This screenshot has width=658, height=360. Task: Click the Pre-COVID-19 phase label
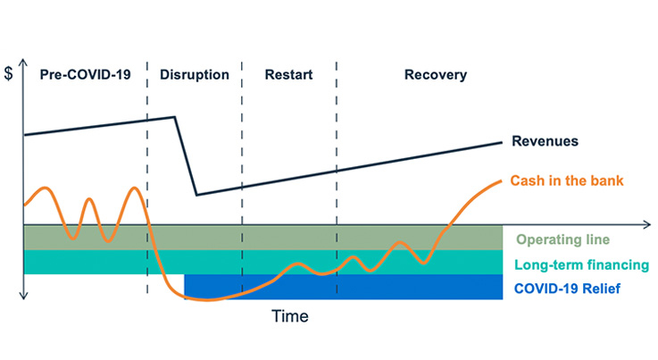click(x=85, y=75)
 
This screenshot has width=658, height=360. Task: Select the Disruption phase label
click(x=195, y=75)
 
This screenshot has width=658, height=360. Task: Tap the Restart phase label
click(x=288, y=75)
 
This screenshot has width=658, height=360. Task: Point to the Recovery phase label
click(x=436, y=75)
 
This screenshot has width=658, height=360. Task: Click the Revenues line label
click(x=545, y=141)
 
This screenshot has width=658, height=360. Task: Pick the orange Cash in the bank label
click(x=567, y=180)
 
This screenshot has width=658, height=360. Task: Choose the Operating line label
click(x=562, y=239)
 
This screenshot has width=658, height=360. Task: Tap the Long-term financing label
click(x=581, y=265)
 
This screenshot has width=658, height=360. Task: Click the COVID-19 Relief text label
click(x=567, y=289)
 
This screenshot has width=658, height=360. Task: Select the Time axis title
click(x=290, y=316)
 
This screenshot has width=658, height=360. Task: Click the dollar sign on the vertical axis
click(x=8, y=73)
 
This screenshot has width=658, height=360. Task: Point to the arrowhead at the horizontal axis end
click(x=647, y=225)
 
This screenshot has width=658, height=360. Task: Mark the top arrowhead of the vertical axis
click(x=23, y=63)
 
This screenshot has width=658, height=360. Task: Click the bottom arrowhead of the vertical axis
click(x=23, y=296)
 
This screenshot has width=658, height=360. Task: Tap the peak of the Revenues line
click(x=175, y=117)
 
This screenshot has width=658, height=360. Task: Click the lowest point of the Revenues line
click(x=196, y=195)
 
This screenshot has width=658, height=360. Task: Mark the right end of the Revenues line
click(x=502, y=142)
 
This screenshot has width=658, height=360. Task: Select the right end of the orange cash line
click(x=502, y=181)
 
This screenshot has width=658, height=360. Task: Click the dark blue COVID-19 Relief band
click(x=343, y=287)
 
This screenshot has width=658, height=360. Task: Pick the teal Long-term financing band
click(x=263, y=262)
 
